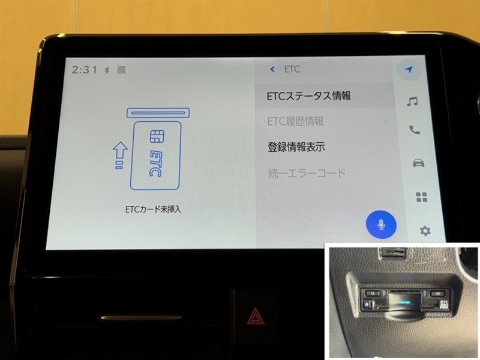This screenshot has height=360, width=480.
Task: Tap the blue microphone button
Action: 381,224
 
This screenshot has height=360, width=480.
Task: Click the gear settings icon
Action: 425,230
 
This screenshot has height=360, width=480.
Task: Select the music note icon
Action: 412,101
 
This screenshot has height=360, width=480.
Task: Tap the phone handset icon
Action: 415,130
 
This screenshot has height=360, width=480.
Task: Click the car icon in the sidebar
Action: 418,163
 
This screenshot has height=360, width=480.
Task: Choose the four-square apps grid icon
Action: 422,197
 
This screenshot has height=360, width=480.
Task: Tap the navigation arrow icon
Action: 409,70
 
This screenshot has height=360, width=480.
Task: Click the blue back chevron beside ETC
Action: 272,70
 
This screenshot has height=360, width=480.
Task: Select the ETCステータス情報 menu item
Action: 308,96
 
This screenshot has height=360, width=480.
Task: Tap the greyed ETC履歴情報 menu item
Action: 295,122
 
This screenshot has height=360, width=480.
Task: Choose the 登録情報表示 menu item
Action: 296,147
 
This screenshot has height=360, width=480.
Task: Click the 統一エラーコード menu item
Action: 307,173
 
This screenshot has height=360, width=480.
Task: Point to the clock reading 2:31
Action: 84,70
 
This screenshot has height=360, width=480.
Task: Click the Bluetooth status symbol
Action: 107,70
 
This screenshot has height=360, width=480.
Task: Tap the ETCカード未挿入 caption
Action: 153,209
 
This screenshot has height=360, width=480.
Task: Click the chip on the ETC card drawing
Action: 157,136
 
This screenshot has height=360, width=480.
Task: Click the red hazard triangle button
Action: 254,317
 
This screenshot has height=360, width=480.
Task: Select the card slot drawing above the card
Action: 158,113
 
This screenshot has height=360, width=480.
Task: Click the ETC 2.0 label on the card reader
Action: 444,304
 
